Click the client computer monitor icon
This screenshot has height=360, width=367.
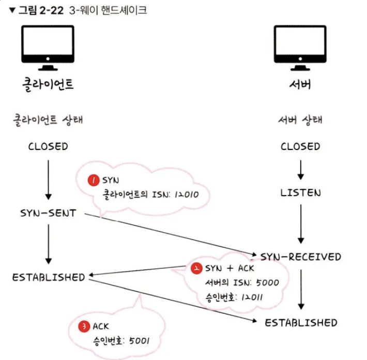pyautogui.click(x=48, y=48)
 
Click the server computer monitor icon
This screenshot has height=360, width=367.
pyautogui.click(x=300, y=48)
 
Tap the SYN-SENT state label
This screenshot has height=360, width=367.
pyautogui.click(x=48, y=213)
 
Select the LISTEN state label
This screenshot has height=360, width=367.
pyautogui.click(x=300, y=193)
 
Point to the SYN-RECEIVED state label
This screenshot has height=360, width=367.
pyautogui.click(x=300, y=257)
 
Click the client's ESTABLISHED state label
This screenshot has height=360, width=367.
pyautogui.click(x=49, y=277)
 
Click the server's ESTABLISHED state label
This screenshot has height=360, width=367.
pyautogui.click(x=301, y=323)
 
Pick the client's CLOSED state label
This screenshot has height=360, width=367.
pyautogui.click(x=48, y=146)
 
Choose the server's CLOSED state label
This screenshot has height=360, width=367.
pyautogui.click(x=300, y=146)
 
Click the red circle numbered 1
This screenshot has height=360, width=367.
pyautogui.click(x=94, y=180)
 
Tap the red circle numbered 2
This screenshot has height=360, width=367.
pyautogui.click(x=196, y=268)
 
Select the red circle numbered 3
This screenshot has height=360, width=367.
pyautogui.click(x=84, y=326)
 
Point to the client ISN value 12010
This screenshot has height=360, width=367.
pyautogui.click(x=187, y=194)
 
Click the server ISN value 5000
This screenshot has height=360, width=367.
pyautogui.click(x=267, y=283)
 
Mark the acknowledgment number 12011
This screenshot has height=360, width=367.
pyautogui.click(x=252, y=297)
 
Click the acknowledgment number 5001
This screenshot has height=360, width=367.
pyautogui.click(x=139, y=341)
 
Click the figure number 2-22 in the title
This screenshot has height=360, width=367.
pyautogui.click(x=51, y=10)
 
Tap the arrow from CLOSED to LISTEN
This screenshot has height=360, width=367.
pyautogui.click(x=301, y=170)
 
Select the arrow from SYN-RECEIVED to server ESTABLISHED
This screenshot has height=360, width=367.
pyautogui.click(x=301, y=290)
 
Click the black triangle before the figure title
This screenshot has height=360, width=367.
pyautogui.click(x=12, y=10)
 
